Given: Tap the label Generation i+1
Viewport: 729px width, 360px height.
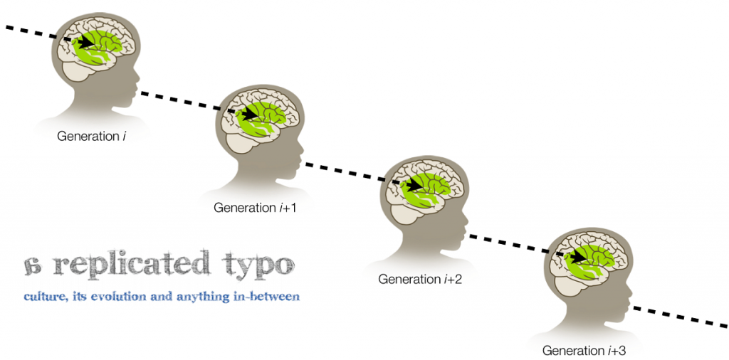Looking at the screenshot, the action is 255,208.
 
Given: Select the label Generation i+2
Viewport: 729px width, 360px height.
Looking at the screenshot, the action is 420,280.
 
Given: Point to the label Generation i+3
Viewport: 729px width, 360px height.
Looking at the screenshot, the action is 584,350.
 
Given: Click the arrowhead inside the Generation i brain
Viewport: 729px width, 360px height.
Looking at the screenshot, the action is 86,43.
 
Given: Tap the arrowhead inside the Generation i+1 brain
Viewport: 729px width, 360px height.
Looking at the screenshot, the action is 250,114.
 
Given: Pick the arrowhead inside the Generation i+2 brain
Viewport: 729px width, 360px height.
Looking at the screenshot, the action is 415,185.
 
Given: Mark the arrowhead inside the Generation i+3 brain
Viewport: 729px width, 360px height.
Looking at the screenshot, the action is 579,256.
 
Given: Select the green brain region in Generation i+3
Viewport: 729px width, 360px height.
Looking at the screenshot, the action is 589,261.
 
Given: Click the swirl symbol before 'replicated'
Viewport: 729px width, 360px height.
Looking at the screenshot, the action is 34,265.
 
